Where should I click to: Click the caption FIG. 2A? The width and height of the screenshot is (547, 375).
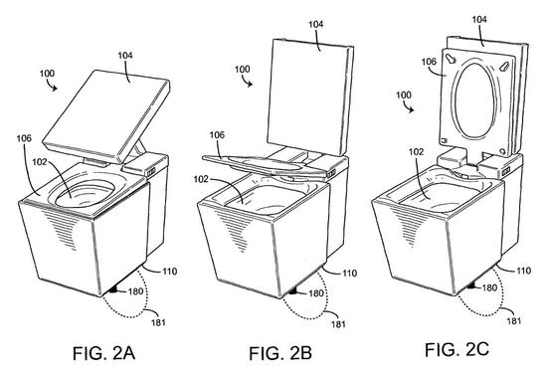tap(103, 353)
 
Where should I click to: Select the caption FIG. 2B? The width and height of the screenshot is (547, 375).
tap(280, 353)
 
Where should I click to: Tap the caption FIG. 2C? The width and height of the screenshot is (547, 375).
tap(456, 349)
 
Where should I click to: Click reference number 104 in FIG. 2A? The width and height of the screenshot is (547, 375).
tap(125, 55)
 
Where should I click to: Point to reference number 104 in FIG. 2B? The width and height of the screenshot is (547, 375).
tap(315, 24)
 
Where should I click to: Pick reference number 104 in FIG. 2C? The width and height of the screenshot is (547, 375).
tap(479, 19)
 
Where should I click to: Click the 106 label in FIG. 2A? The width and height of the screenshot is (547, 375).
tap(24, 138)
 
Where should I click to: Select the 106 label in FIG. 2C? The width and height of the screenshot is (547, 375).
tap(429, 62)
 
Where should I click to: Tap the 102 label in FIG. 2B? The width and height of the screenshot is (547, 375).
tap(201, 179)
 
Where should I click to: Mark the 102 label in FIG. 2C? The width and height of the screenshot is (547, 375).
tap(416, 152)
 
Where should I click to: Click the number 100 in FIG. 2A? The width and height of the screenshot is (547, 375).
tap(47, 74)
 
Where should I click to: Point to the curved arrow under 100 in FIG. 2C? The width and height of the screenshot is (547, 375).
tap(408, 106)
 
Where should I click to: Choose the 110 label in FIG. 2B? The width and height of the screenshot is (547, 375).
tap(349, 273)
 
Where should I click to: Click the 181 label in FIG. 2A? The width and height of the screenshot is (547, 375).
tap(158, 322)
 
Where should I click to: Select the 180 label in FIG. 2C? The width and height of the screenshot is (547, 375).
tap(489, 287)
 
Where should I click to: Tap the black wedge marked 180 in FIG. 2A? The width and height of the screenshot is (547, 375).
tap(114, 290)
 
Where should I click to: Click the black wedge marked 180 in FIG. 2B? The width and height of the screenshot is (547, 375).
tap(294, 291)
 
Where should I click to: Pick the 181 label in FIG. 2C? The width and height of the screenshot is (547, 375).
tap(514, 320)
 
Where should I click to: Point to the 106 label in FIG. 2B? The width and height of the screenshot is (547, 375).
tap(217, 134)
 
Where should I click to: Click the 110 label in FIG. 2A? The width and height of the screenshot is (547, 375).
tap(169, 271)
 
